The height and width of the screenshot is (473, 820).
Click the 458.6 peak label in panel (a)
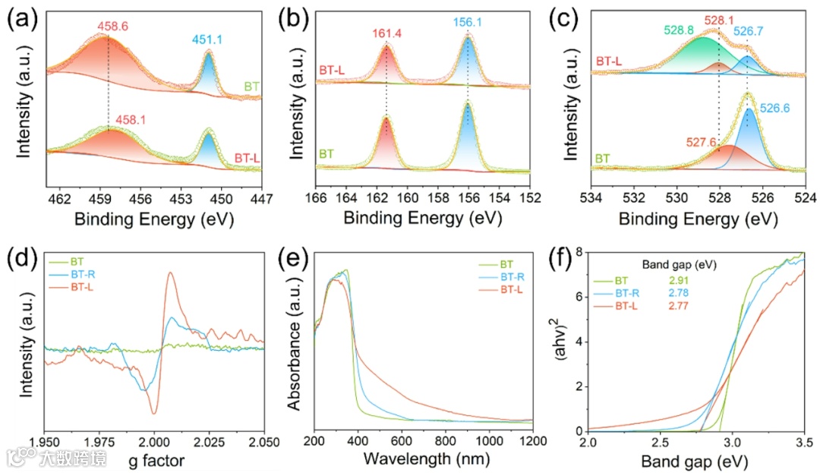[x=112, y=27]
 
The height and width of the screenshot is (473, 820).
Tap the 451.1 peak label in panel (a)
[x=208, y=42]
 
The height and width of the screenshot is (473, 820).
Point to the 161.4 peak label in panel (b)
[x=387, y=33]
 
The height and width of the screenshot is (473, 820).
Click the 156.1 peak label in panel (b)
[x=468, y=24]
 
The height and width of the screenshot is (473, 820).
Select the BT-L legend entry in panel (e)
[x=514, y=289]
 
